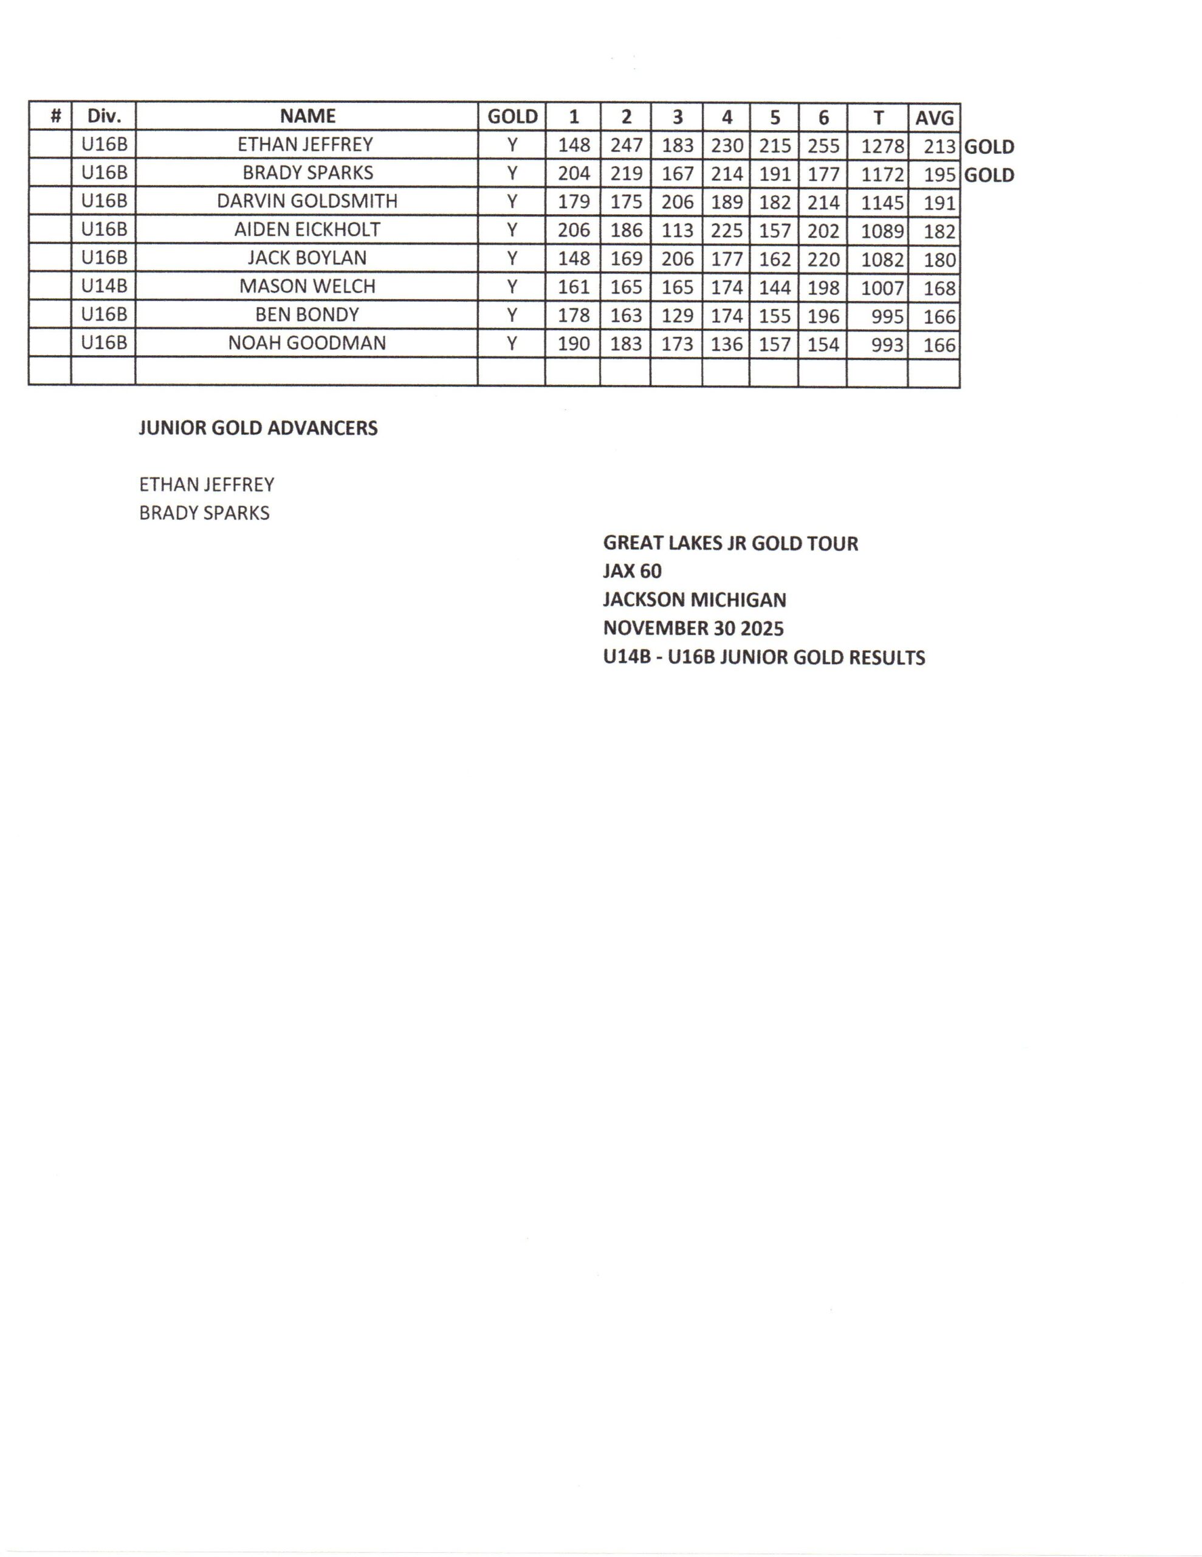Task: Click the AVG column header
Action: [933, 117]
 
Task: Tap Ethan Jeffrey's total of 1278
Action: [882, 146]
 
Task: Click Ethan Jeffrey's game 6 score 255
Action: [823, 145]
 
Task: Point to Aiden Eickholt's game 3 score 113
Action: [677, 231]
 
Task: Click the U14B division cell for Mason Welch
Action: [104, 286]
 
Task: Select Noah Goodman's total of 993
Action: [887, 345]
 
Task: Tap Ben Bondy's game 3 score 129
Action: [677, 315]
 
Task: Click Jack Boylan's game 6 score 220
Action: [823, 258]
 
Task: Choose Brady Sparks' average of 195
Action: [939, 175]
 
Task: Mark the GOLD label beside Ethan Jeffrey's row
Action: [989, 147]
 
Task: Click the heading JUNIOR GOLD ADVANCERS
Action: [258, 428]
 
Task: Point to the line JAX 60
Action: [632, 571]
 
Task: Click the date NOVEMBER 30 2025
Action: [693, 628]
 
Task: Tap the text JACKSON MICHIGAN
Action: [694, 600]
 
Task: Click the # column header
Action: [55, 116]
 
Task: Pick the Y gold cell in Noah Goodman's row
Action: [512, 344]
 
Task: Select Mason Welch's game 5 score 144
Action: [775, 287]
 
